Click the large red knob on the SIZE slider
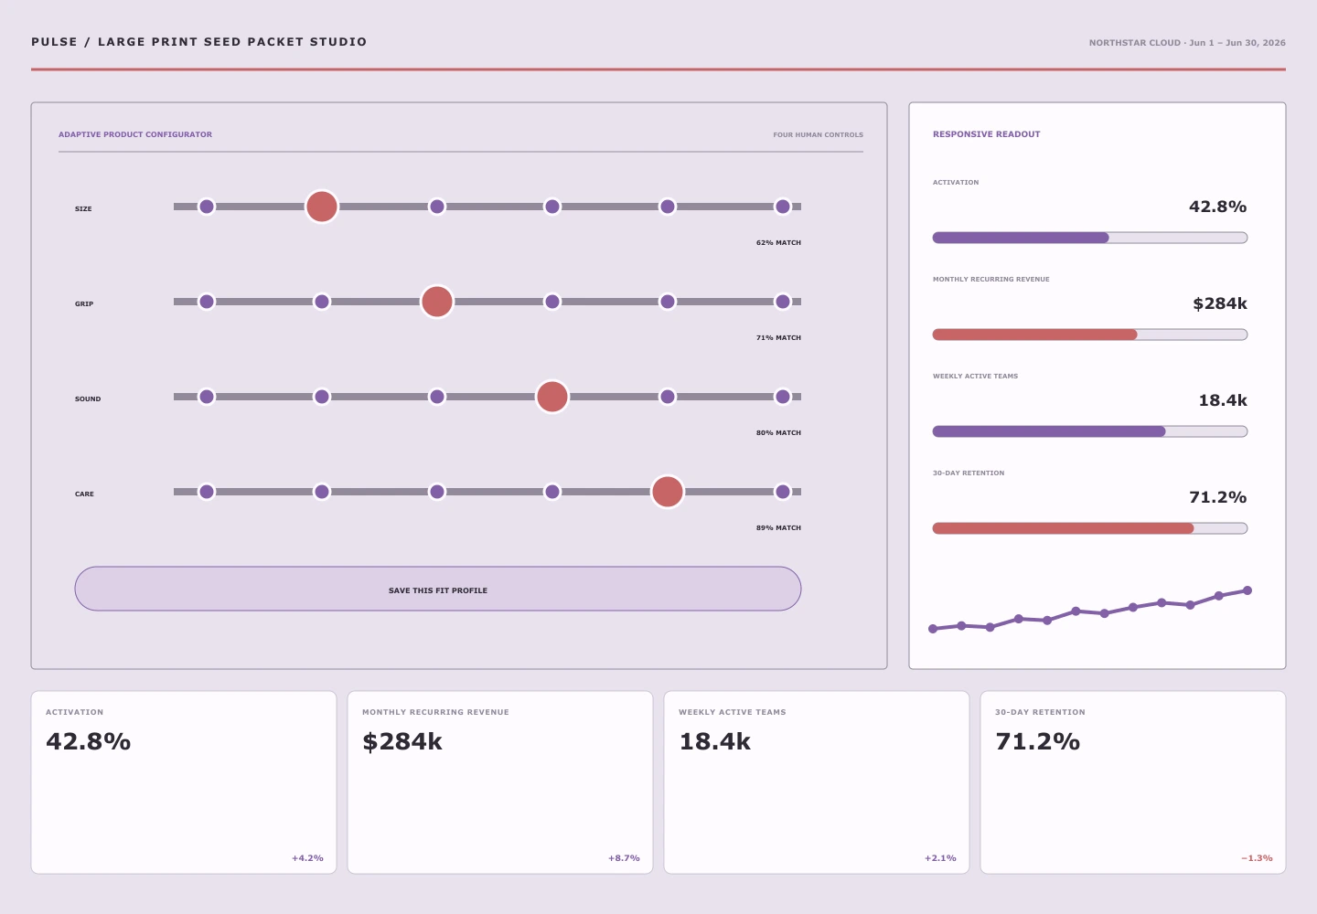click(x=322, y=207)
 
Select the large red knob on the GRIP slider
click(x=437, y=302)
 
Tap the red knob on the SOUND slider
click(x=552, y=397)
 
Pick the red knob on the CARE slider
click(x=668, y=492)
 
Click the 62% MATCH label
click(x=778, y=242)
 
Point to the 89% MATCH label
click(x=778, y=528)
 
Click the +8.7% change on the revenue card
click(x=624, y=858)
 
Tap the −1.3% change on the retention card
click(x=1257, y=858)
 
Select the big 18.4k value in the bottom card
click(x=714, y=741)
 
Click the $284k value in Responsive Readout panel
click(x=1220, y=303)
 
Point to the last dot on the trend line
click(x=1247, y=590)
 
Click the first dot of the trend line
click(x=933, y=629)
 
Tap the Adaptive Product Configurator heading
click(x=135, y=134)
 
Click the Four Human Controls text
click(x=818, y=135)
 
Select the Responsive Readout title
click(x=987, y=134)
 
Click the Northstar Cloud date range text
click(x=1187, y=43)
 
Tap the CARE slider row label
click(x=84, y=494)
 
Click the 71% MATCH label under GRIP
click(x=778, y=338)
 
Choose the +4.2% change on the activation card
click(x=307, y=858)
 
